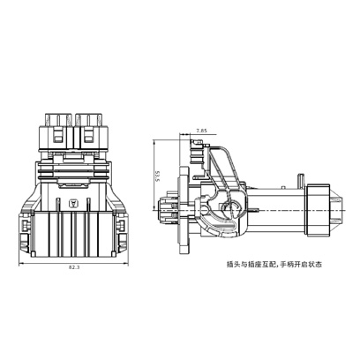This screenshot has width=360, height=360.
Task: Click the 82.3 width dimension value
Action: coord(74,267)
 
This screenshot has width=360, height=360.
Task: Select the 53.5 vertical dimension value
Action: coord(157,176)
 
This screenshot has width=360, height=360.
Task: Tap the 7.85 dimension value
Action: coord(202,130)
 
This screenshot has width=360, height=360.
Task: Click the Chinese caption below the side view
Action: coord(274,265)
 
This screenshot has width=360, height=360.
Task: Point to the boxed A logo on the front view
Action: coord(72,203)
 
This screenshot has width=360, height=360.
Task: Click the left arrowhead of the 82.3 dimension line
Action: coord(21,263)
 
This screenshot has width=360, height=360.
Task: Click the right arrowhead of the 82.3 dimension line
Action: coord(126,263)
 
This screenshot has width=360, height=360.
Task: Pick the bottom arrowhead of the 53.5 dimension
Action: coord(154,208)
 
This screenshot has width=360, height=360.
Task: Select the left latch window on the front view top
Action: coord(58,137)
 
